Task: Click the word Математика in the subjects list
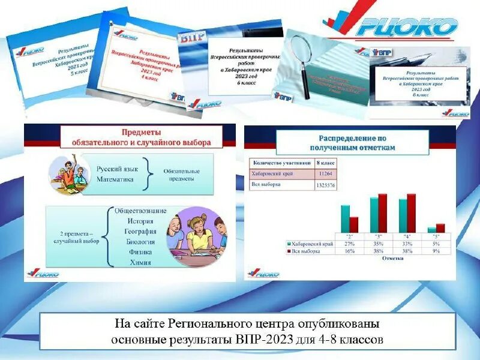click(x=117, y=179)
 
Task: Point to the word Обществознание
click(x=140, y=211)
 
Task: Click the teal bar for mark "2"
click(x=345, y=218)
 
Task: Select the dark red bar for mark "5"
click(x=440, y=227)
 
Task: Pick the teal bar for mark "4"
click(x=403, y=215)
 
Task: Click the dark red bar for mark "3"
click(x=383, y=212)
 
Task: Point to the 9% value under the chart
click(x=436, y=251)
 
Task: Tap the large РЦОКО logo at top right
click(x=399, y=26)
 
